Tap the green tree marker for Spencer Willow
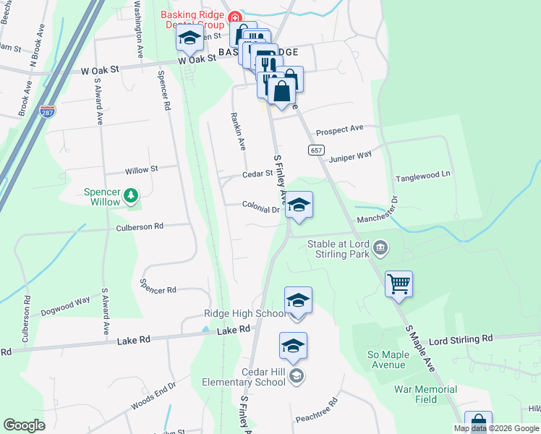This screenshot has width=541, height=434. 131,195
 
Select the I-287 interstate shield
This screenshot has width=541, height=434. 48,113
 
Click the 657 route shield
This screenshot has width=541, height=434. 315,150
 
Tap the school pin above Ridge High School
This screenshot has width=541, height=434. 298,300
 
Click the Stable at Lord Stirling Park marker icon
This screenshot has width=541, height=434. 380,250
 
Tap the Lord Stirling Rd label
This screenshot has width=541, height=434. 461,339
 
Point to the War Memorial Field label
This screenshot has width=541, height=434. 425,394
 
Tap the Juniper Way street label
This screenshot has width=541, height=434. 350,156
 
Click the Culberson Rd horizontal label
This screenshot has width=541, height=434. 140,226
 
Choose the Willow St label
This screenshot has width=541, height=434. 141,170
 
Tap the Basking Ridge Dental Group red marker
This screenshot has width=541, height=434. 234,18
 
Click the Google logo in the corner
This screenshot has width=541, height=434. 25,425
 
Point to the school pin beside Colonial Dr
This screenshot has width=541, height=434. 298,205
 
